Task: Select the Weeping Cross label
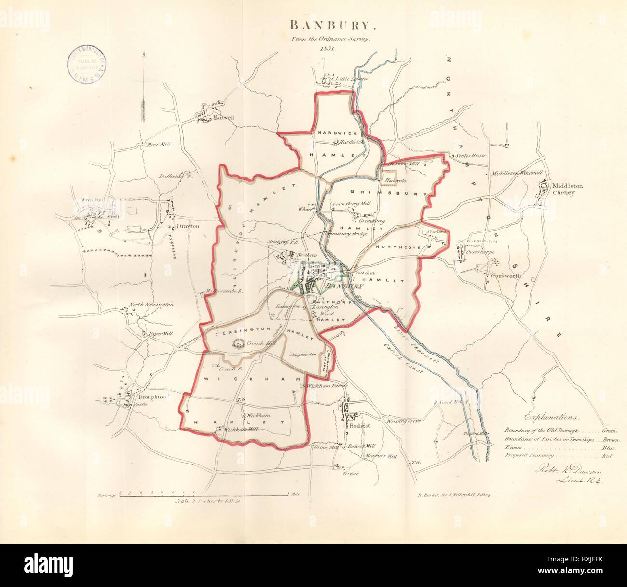(x=403, y=421)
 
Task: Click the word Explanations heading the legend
(x=552, y=416)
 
